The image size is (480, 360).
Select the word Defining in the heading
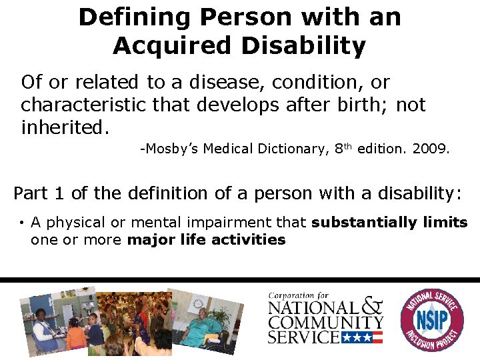tap(124, 17)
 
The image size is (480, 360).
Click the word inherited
tap(64, 127)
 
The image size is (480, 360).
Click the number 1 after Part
tap(58, 193)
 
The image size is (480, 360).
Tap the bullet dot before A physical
tap(22, 223)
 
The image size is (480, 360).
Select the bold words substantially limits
tap(389, 223)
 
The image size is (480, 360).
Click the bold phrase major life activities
tap(206, 239)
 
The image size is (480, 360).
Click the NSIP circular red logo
tap(431, 319)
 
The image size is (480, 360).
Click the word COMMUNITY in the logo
tap(325, 323)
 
